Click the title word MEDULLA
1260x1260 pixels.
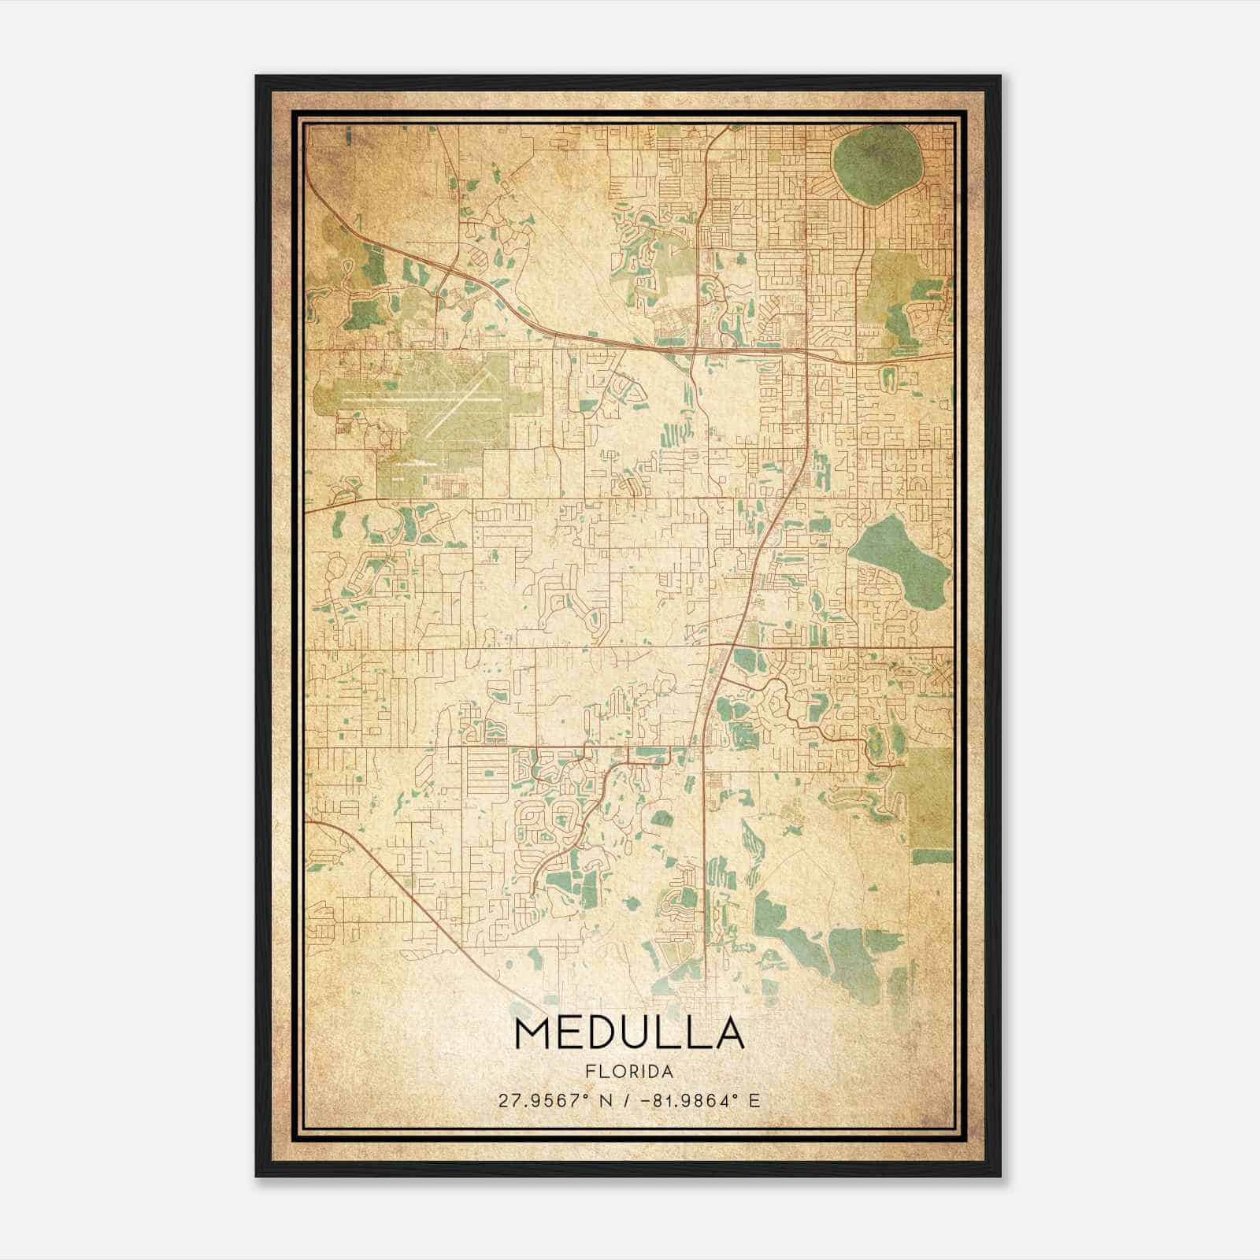click(629, 1033)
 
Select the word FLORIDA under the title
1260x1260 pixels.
click(629, 1072)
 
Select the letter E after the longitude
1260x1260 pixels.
click(754, 1101)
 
